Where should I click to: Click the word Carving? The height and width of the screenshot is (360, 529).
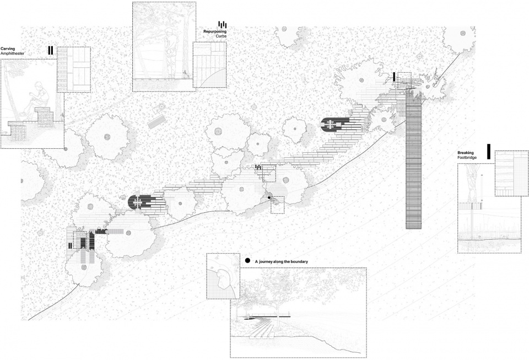tap(8, 49)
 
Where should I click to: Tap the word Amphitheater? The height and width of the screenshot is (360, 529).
tap(13, 53)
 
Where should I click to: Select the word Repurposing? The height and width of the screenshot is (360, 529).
tap(215, 31)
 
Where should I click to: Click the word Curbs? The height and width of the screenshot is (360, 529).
tap(222, 36)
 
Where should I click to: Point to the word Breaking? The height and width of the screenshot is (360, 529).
tap(466, 153)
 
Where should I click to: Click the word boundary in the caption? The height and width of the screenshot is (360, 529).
tap(299, 261)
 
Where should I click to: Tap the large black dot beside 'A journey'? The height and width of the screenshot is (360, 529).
tap(247, 261)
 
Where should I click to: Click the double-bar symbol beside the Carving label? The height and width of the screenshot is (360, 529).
tap(51, 50)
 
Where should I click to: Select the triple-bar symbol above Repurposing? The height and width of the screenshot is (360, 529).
tap(222, 24)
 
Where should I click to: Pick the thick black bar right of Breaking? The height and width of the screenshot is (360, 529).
tap(489, 152)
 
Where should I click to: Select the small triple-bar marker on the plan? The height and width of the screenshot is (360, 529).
tap(259, 166)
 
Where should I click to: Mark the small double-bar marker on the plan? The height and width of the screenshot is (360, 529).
tap(70, 245)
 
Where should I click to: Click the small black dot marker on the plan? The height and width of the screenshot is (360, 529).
tap(269, 197)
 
